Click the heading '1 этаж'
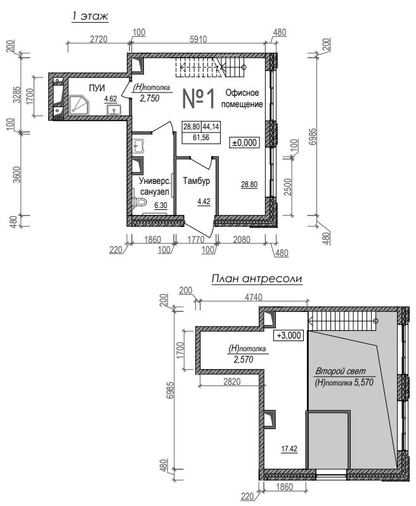(90, 16)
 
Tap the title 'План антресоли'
(257, 278)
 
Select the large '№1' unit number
(198, 99)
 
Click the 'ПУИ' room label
(97, 88)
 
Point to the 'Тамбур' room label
(196, 181)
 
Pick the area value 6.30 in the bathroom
(160, 205)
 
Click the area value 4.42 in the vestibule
(204, 202)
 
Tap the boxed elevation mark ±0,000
(245, 142)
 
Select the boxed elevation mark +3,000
(289, 335)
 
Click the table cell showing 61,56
(201, 138)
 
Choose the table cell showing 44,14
(211, 127)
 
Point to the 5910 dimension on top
(198, 39)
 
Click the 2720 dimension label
(98, 39)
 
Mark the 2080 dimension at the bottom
(242, 240)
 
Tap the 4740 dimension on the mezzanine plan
(254, 297)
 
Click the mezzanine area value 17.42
(289, 448)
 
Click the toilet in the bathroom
(139, 202)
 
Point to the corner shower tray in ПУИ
(79, 105)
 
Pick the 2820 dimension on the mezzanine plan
(231, 382)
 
